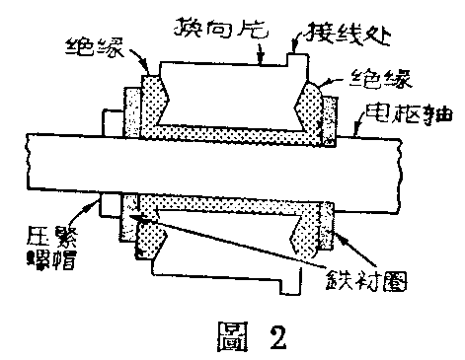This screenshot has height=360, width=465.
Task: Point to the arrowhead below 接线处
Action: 294,55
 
